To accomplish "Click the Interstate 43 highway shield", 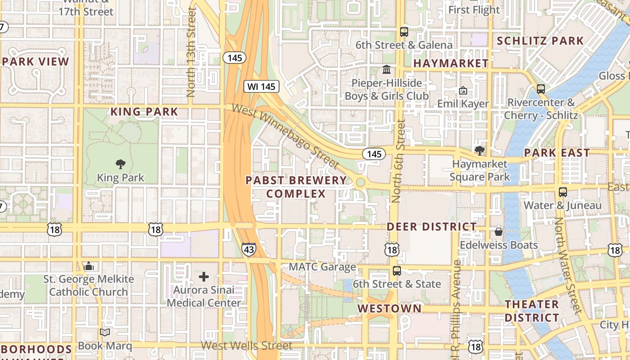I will coord(249,249).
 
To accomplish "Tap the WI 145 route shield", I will coord(261,86).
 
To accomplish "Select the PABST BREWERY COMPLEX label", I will coord(296,187).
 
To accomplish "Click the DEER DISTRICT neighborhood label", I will coord(432,227).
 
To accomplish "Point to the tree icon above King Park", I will coord(121,164).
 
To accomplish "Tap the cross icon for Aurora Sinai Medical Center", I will coord(204,277).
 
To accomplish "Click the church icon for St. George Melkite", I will coord(89,266).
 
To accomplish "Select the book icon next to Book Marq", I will coord(105,333).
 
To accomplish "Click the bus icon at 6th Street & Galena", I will coord(404,32).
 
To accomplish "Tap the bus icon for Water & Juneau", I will coord(562,192).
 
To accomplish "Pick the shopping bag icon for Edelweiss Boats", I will coord(499,232).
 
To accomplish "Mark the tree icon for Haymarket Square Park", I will coord(480,151).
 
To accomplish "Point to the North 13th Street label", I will coord(191,52).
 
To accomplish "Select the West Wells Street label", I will coord(247,346).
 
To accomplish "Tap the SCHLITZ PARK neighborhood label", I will coord(540,41).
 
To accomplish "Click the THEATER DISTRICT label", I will coord(531,311).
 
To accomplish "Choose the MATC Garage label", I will coord(322,267).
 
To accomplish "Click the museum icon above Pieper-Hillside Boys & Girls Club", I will coord(387,70).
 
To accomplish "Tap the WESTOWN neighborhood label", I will coord(390,308).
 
